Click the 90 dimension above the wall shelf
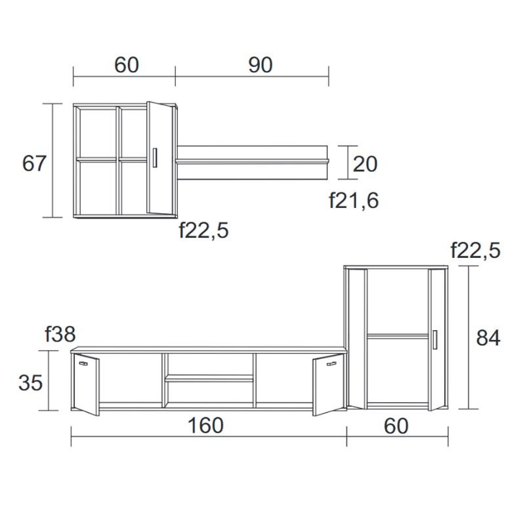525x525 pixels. click(x=260, y=64)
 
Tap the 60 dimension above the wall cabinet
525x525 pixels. click(x=127, y=64)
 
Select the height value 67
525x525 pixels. click(x=34, y=163)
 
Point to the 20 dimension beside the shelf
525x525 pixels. click(x=366, y=163)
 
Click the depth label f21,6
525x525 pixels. click(x=354, y=200)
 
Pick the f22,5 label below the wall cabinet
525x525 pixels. click(x=203, y=230)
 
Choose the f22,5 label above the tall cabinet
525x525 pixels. click(x=475, y=250)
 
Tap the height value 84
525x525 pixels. click(x=488, y=337)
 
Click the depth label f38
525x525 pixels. click(x=60, y=334)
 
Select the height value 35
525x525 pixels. click(x=30, y=382)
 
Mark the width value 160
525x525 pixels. click(x=205, y=425)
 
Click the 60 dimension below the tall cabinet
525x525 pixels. click(x=396, y=425)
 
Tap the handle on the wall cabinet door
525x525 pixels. click(x=155, y=159)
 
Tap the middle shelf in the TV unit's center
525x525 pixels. click(x=209, y=378)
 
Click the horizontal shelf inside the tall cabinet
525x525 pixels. click(x=397, y=336)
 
